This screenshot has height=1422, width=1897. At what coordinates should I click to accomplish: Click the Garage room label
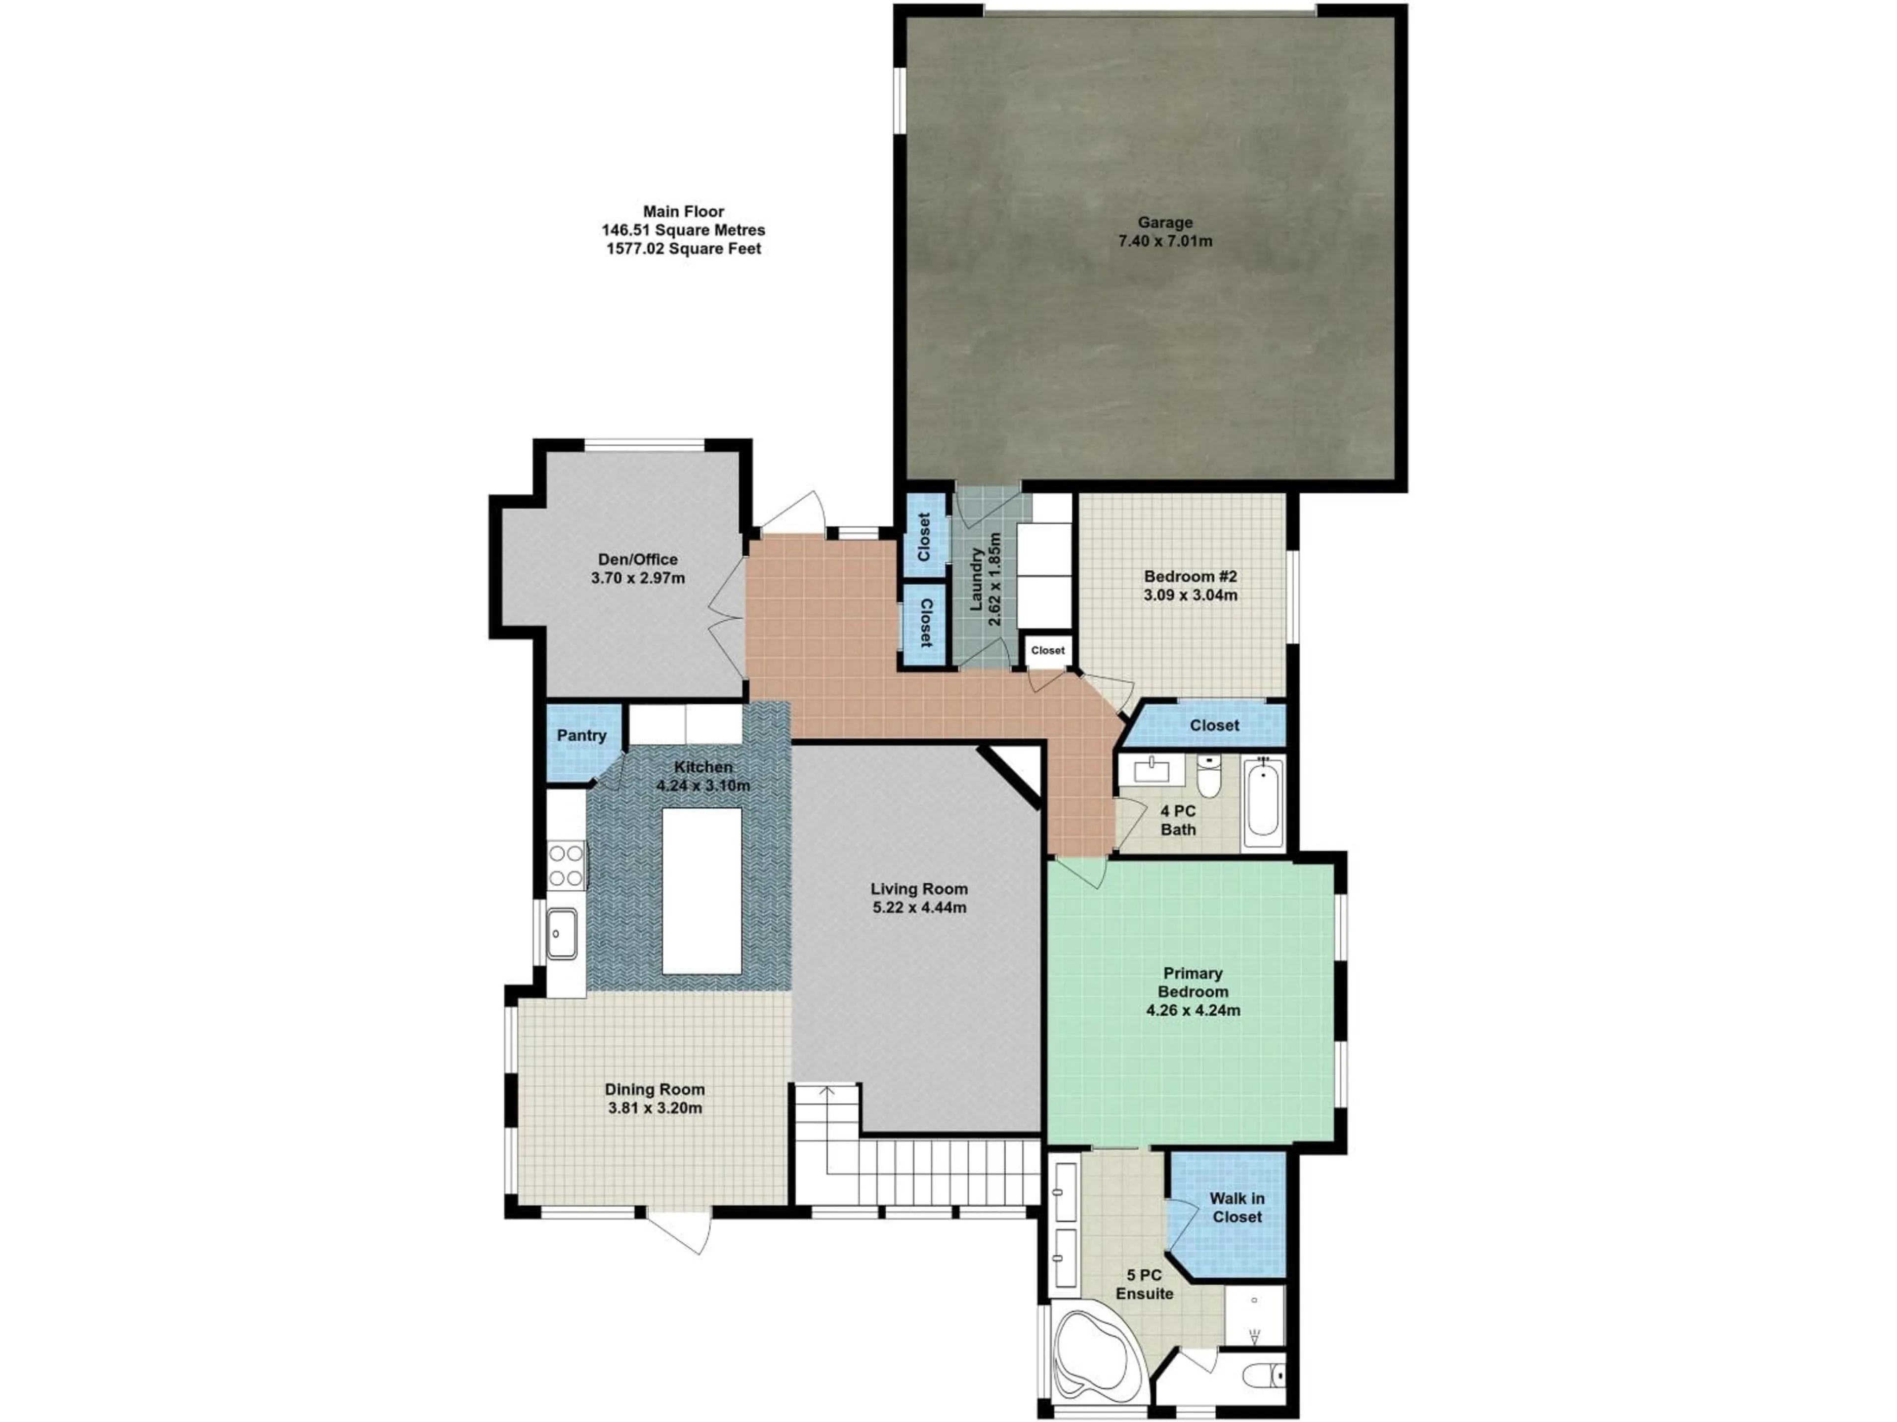click(x=1164, y=223)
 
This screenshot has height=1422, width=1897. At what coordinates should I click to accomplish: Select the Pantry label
click(x=581, y=735)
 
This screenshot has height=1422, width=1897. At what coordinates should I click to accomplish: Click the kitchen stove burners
click(x=566, y=866)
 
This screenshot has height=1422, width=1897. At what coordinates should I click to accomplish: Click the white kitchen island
click(x=701, y=891)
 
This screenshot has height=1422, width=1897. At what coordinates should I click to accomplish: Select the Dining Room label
click(x=655, y=1089)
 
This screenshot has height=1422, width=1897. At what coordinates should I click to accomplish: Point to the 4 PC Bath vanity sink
click(x=1151, y=771)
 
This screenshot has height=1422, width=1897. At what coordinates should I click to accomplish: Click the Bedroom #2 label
click(x=1191, y=577)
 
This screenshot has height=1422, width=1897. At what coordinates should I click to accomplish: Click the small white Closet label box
click(x=1047, y=651)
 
